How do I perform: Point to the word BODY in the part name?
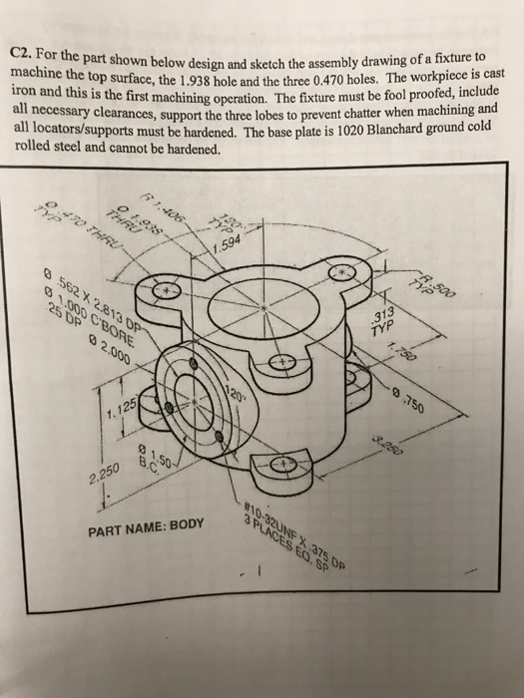[184, 523]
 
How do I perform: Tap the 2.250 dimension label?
[106, 473]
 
